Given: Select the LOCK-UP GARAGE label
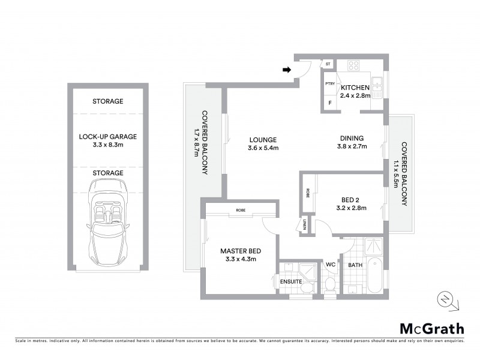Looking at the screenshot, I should tap(108, 137).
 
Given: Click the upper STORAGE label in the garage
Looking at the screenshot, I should tap(108, 101).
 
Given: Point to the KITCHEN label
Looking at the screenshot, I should tap(355, 88).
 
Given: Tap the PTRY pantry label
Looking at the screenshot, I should tap(329, 85).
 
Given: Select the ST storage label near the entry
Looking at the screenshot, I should tap(328, 64).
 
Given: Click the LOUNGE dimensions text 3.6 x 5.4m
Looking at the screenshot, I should tap(264, 148).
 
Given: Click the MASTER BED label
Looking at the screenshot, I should tap(240, 251).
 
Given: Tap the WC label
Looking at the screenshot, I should tap(330, 264).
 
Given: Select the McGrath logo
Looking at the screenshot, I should tap(431, 328).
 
